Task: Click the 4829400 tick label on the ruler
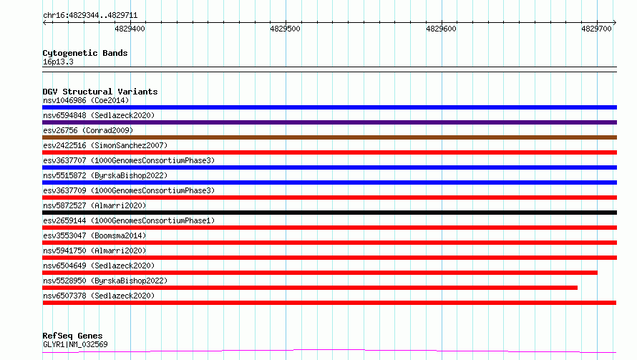[130, 29]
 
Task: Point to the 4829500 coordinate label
[285, 29]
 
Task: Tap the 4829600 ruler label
[441, 29]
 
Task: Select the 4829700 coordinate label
[596, 29]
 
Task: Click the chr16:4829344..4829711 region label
[90, 16]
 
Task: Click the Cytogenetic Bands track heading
[85, 53]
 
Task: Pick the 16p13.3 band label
[58, 62]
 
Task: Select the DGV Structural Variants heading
[100, 92]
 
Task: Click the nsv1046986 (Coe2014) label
[86, 100]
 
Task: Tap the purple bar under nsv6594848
[329, 122]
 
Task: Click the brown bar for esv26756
[329, 137]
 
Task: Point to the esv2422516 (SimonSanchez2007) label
[105, 145]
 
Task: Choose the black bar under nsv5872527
[329, 213]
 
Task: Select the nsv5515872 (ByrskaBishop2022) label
[105, 175]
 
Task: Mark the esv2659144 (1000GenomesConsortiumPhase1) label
[129, 220]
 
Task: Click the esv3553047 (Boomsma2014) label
[94, 235]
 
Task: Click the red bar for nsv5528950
[310, 288]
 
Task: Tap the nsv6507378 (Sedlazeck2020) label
[99, 296]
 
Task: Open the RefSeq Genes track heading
[73, 336]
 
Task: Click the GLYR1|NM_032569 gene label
[75, 344]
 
